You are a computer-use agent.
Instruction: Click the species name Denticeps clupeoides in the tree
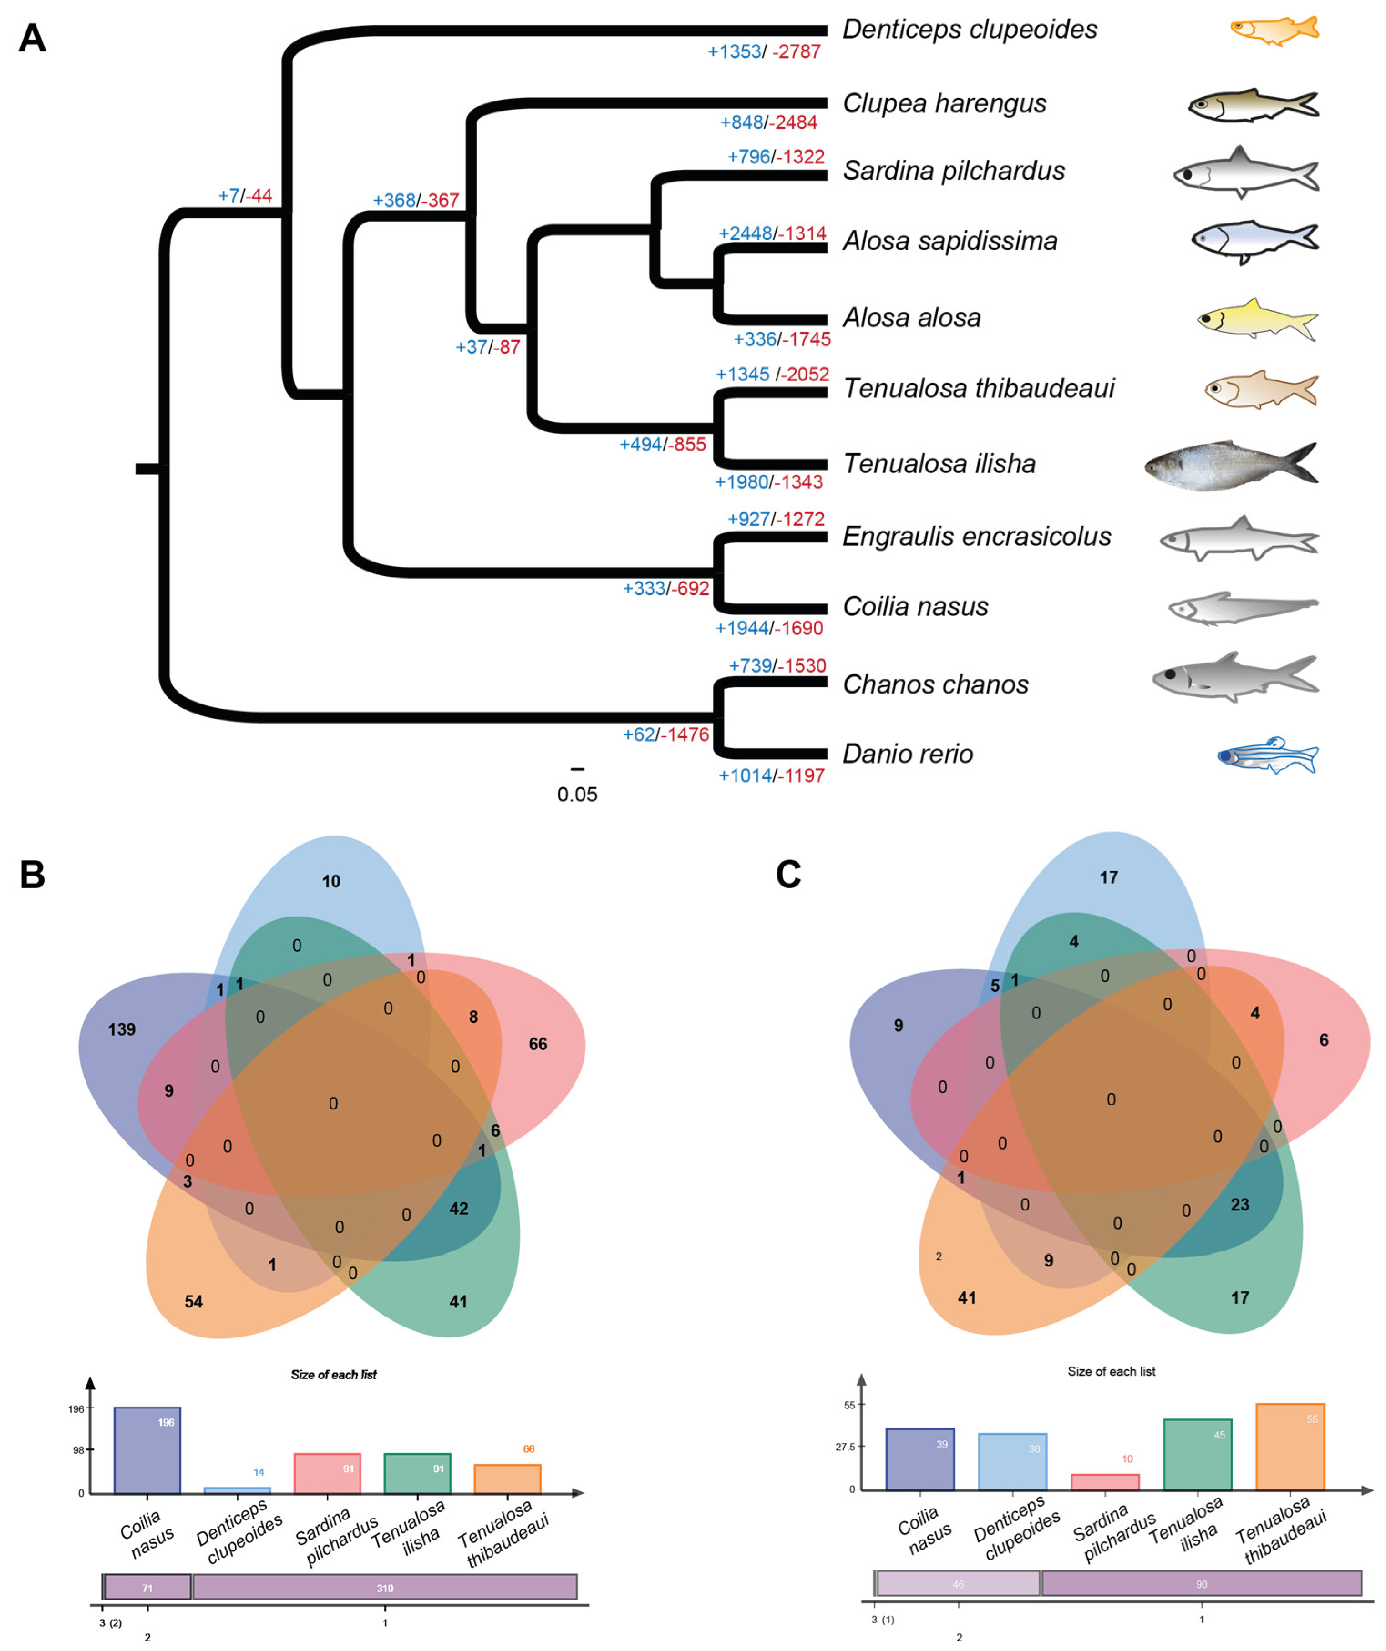pyautogui.click(x=970, y=30)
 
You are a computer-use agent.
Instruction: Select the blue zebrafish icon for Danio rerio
pyautogui.click(x=1267, y=755)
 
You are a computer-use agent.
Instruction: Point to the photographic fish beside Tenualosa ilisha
pyautogui.click(x=1230, y=466)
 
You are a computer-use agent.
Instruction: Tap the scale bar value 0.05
pyautogui.click(x=577, y=794)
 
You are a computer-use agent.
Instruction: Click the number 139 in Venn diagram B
pyautogui.click(x=122, y=1029)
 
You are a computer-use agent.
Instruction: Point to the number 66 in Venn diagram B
pyautogui.click(x=538, y=1044)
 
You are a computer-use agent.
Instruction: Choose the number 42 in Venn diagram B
pyautogui.click(x=458, y=1208)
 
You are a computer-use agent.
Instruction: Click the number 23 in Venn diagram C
pyautogui.click(x=1240, y=1205)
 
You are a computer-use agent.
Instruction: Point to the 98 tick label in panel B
pyautogui.click(x=79, y=1450)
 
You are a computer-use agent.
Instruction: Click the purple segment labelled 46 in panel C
pyautogui.click(x=958, y=1583)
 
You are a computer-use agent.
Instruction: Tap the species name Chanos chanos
pyautogui.click(x=935, y=685)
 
